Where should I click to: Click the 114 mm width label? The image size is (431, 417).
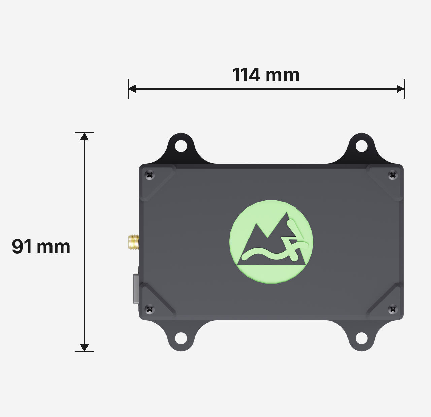point(266,75)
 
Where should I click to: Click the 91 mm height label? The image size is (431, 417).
point(41,247)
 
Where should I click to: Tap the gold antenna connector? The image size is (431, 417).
point(133,242)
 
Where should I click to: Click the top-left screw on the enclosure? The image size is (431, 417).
point(150,175)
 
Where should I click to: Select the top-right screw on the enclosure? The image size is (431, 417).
point(393,175)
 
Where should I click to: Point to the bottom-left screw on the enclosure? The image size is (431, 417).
point(150,309)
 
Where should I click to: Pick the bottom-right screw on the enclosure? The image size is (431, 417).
point(393,309)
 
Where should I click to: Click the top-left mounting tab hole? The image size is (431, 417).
point(181,146)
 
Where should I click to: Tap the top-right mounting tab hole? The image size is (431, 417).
point(362,146)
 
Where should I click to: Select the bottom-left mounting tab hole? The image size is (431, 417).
point(181,338)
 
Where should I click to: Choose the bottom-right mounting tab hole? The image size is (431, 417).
point(362,338)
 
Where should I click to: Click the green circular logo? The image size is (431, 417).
point(271,242)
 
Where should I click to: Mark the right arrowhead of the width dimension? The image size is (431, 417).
point(400,89)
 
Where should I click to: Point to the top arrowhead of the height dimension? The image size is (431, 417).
point(84,137)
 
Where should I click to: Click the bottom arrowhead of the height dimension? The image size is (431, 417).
point(84,348)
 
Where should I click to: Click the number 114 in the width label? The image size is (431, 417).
point(246,75)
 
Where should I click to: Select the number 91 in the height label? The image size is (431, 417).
point(22,247)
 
